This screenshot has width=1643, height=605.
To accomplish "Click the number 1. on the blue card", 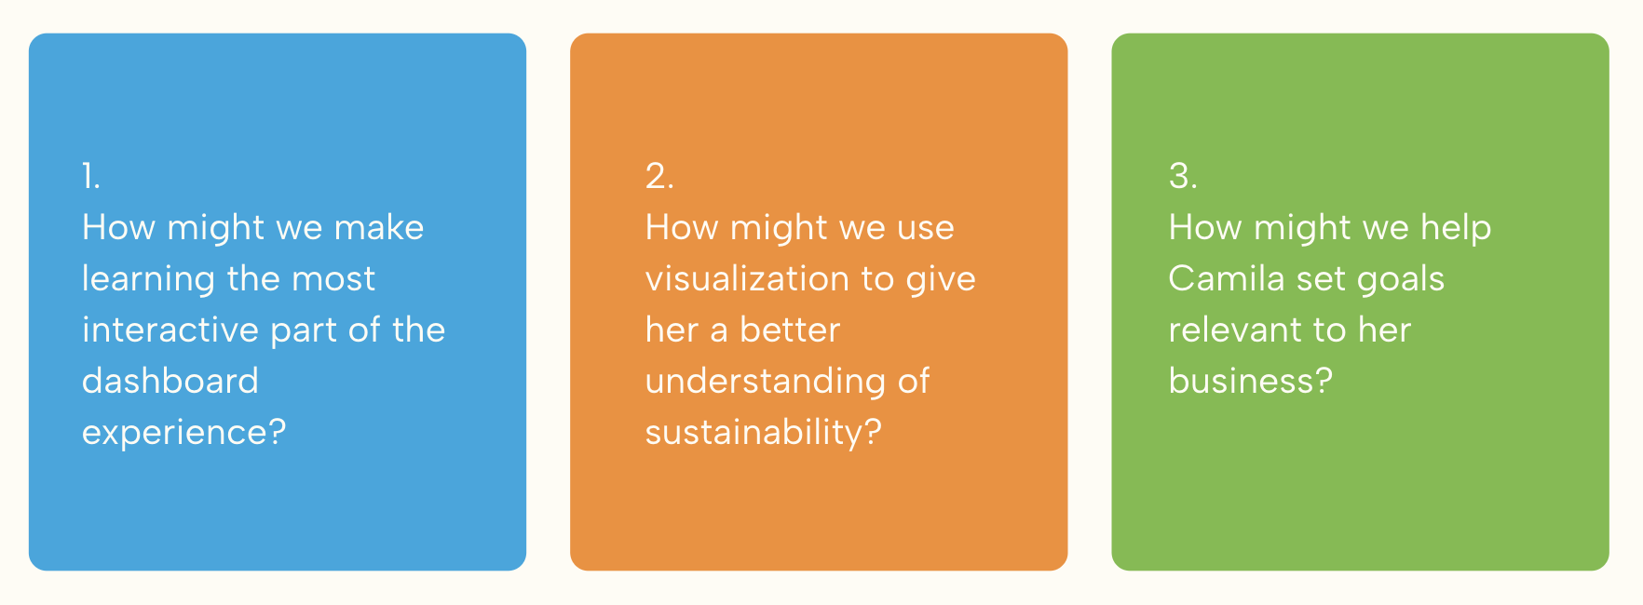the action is point(90,176).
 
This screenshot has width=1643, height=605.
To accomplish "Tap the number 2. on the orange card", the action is point(659,176).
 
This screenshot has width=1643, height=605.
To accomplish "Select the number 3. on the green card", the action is point(1183,176).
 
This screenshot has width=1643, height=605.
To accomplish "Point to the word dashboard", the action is point(170,381).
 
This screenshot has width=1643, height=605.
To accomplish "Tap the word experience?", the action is point(183,433).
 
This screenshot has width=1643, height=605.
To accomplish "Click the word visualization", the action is point(759,278).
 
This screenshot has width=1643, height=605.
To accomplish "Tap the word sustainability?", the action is point(763,433).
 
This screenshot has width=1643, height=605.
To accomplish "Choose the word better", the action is point(790,329).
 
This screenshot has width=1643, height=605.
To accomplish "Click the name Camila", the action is point(1226,278).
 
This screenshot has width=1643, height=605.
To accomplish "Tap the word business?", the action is point(1250,381).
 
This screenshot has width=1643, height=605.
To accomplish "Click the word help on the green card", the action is point(1456,227).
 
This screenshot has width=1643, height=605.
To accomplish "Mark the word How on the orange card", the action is point(681,227).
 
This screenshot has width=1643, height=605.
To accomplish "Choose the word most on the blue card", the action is point(333,278).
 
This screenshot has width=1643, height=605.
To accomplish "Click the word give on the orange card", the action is point(941,279).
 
